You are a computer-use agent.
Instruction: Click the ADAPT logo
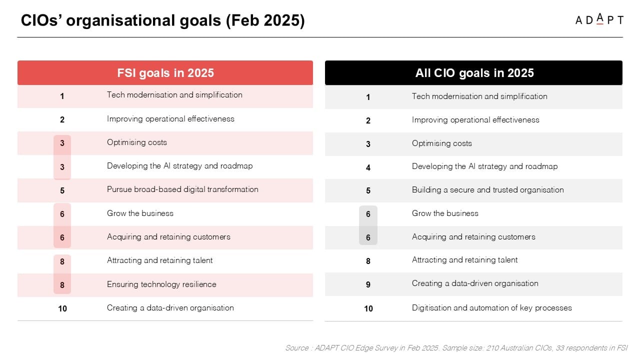point(599,19)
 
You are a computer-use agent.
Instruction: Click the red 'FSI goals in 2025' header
point(165,72)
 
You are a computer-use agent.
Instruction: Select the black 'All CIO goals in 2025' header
point(473,72)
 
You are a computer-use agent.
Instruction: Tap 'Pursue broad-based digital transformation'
point(182,189)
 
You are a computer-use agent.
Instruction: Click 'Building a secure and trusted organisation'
point(487,190)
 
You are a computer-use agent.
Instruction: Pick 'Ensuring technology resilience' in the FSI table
point(161,284)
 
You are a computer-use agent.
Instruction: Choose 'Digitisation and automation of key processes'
point(491,308)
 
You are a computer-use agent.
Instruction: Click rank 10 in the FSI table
point(62,308)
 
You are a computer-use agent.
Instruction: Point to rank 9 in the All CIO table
point(368,284)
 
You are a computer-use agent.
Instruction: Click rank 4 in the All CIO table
point(368,167)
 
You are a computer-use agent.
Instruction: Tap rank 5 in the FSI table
point(62,190)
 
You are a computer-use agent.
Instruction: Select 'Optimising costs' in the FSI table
point(137,142)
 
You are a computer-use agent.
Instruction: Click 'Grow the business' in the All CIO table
point(445,213)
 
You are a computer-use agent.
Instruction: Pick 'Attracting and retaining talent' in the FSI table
point(159,260)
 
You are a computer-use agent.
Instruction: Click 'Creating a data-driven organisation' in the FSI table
point(170,308)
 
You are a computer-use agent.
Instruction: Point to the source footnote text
point(456,347)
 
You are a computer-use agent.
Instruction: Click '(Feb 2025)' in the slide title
point(265,20)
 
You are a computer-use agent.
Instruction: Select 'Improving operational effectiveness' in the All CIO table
point(475,120)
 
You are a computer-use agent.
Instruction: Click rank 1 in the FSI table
point(62,96)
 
